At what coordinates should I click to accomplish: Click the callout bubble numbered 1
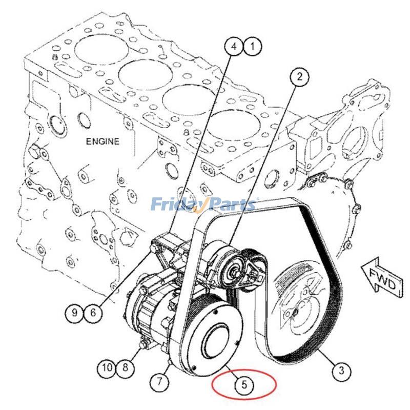[252, 47]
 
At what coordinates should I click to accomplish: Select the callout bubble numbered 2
[300, 76]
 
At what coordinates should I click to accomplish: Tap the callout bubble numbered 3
[341, 371]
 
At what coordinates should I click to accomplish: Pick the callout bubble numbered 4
[234, 47]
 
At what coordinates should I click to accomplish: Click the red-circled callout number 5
[244, 384]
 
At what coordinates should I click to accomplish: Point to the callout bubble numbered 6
[93, 313]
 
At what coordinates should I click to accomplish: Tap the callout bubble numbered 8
[125, 367]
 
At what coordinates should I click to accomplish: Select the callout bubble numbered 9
[74, 313]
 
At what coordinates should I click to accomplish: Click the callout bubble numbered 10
[107, 367]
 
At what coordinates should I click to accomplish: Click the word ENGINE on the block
[102, 141]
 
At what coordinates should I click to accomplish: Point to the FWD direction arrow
[382, 279]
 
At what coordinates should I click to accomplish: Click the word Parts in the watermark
[231, 204]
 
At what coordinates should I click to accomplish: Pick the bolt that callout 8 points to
[143, 345]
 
